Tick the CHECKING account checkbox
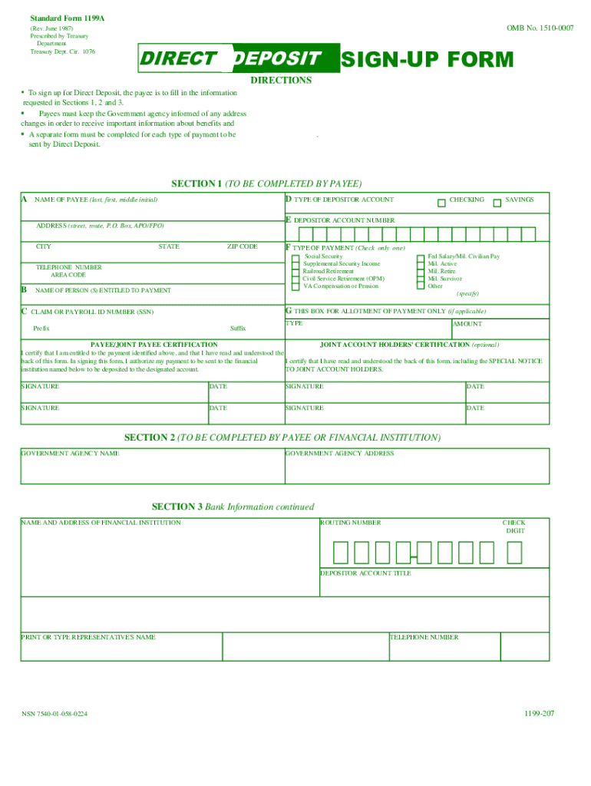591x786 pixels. point(441,203)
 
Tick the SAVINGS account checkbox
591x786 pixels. point(497,203)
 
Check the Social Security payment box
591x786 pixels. point(295,257)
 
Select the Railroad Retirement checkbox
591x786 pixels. point(295,272)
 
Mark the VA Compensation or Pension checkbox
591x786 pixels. point(295,286)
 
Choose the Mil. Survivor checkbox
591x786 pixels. point(420,279)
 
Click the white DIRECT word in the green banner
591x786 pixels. point(178,59)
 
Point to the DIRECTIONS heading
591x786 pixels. point(281,81)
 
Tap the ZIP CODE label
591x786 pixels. point(242,247)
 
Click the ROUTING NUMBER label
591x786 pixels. point(351,523)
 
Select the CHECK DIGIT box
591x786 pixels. point(514,553)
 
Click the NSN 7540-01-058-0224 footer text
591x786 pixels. point(54,714)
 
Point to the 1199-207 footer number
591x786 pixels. point(540,713)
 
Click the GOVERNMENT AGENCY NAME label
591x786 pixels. point(70,454)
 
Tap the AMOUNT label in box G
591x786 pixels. point(467,324)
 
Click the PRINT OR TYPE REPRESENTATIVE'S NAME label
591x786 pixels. point(88,637)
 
